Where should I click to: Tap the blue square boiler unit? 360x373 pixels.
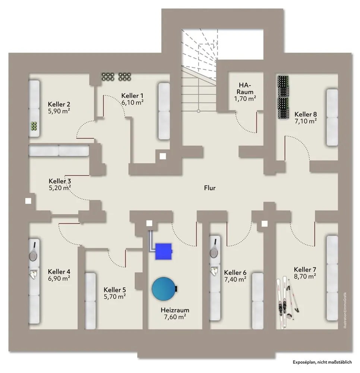click(163, 250)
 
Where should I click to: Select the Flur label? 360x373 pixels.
click(209, 188)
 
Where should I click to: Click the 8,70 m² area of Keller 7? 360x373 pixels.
click(305, 276)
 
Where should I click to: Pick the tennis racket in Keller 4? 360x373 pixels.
click(34, 253)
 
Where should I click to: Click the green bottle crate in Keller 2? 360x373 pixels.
click(34, 126)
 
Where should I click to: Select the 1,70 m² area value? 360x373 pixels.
click(245, 99)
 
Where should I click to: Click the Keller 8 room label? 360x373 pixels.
click(305, 114)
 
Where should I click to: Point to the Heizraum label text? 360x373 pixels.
click(175, 310)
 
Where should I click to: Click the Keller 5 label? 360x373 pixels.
click(115, 289)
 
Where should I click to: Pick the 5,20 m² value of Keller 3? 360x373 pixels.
click(60, 188)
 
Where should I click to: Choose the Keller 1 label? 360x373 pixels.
click(132, 95)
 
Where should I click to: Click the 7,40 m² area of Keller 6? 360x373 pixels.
click(235, 279)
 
